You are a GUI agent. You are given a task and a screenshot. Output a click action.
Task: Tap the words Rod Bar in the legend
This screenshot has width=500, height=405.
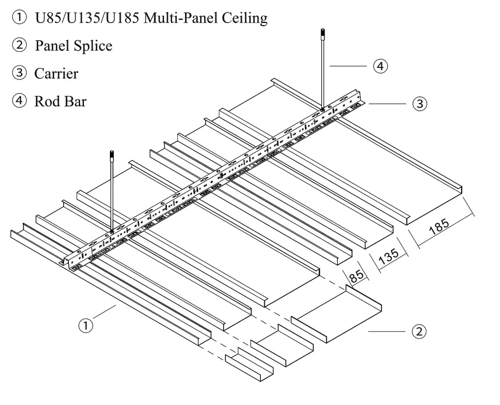pos(60,101)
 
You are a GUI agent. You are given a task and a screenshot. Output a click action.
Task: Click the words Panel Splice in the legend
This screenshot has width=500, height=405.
pos(74,46)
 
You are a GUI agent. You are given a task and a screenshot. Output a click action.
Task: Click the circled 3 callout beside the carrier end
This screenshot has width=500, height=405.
pos(420,103)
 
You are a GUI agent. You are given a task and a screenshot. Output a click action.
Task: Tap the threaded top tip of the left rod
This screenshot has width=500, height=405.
pos(112,154)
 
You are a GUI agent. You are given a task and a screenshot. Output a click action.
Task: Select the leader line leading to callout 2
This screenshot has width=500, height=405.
pos(387,331)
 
